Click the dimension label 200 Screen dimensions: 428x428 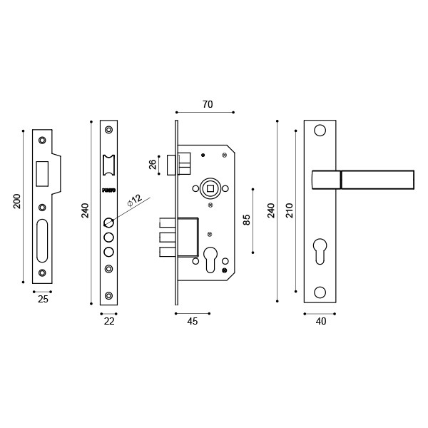point(18,200)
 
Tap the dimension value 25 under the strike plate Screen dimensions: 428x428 point(43,300)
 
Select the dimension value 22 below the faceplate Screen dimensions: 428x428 point(109,322)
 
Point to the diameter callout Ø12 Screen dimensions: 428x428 point(135,200)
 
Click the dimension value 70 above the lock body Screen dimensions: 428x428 point(208,105)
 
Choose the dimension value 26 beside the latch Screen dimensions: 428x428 point(153,164)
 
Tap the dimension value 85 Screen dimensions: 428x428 point(247,220)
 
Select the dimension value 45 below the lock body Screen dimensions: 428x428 point(193,322)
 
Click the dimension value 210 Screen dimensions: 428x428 point(289,210)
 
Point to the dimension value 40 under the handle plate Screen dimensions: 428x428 point(321,322)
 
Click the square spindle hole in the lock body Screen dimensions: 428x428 point(210,188)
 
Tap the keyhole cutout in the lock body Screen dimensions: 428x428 point(210,258)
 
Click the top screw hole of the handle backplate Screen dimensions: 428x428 point(320,131)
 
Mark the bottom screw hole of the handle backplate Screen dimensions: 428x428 point(320,292)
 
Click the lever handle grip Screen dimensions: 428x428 point(377,180)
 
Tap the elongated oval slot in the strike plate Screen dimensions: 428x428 point(42,241)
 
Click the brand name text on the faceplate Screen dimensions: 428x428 point(108,190)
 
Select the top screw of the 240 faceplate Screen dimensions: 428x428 point(108,130)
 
